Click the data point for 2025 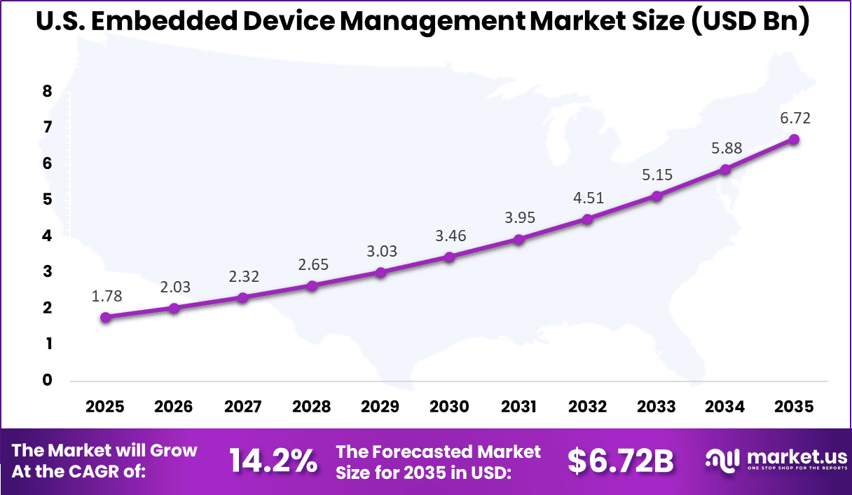click(x=105, y=317)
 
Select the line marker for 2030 click(x=449, y=257)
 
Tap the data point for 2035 click(x=794, y=139)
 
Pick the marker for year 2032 click(x=587, y=219)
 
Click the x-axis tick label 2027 click(x=242, y=407)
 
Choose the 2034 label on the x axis click(x=725, y=407)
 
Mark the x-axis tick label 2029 click(x=380, y=407)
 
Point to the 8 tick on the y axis click(x=48, y=91)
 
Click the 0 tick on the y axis click(x=48, y=380)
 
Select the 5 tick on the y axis click(x=48, y=200)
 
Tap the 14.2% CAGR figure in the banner click(x=273, y=461)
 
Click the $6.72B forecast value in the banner click(x=620, y=461)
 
